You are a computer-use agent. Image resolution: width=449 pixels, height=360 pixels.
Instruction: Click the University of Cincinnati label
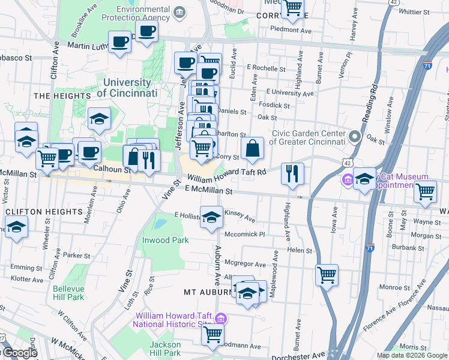tap(127, 88)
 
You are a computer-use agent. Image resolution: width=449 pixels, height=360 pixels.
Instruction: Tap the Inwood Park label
tap(165, 240)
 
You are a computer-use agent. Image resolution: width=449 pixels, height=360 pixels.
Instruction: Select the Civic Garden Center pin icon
tap(355, 137)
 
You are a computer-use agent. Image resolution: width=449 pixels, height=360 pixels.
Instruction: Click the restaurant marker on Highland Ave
tap(293, 174)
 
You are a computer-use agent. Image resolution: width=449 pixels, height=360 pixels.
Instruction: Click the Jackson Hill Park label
tap(164, 349)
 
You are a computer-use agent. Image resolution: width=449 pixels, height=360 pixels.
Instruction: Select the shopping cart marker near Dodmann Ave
tap(212, 335)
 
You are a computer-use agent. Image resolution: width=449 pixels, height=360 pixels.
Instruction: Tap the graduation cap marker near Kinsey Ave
tap(211, 217)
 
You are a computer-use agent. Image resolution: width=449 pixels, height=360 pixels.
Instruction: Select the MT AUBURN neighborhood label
tap(207, 292)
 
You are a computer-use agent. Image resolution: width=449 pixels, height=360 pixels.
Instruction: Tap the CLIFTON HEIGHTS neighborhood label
tap(44, 212)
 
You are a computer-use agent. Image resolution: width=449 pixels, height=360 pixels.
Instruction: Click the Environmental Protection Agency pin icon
tap(179, 13)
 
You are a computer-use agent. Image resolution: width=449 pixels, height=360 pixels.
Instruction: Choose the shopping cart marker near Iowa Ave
tap(327, 275)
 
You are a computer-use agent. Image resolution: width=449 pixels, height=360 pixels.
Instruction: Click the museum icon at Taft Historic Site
tap(220, 317)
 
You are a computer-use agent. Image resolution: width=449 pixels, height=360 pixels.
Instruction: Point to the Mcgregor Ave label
tap(245, 264)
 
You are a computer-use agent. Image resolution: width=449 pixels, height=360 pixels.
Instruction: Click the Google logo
tap(20, 353)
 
